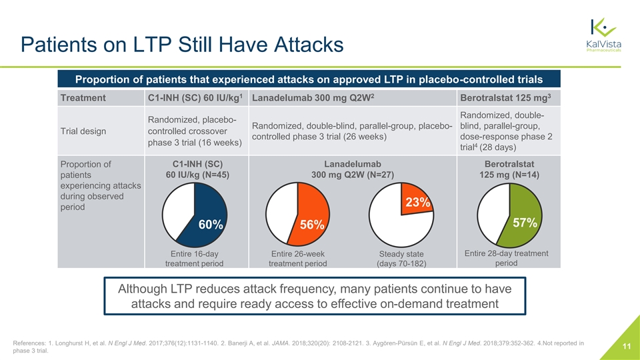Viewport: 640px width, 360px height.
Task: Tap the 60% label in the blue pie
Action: [210, 225]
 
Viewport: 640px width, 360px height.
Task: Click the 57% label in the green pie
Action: [524, 223]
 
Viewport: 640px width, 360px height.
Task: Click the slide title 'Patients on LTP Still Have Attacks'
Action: [181, 45]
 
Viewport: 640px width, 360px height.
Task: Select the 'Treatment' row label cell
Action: [83, 97]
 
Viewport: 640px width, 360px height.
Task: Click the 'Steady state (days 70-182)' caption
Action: [401, 259]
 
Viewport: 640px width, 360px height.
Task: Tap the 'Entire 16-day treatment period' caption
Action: [194, 258]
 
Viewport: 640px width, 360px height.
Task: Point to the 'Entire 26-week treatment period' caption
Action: [297, 258]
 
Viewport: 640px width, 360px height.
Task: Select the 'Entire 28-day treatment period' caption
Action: [506, 257]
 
